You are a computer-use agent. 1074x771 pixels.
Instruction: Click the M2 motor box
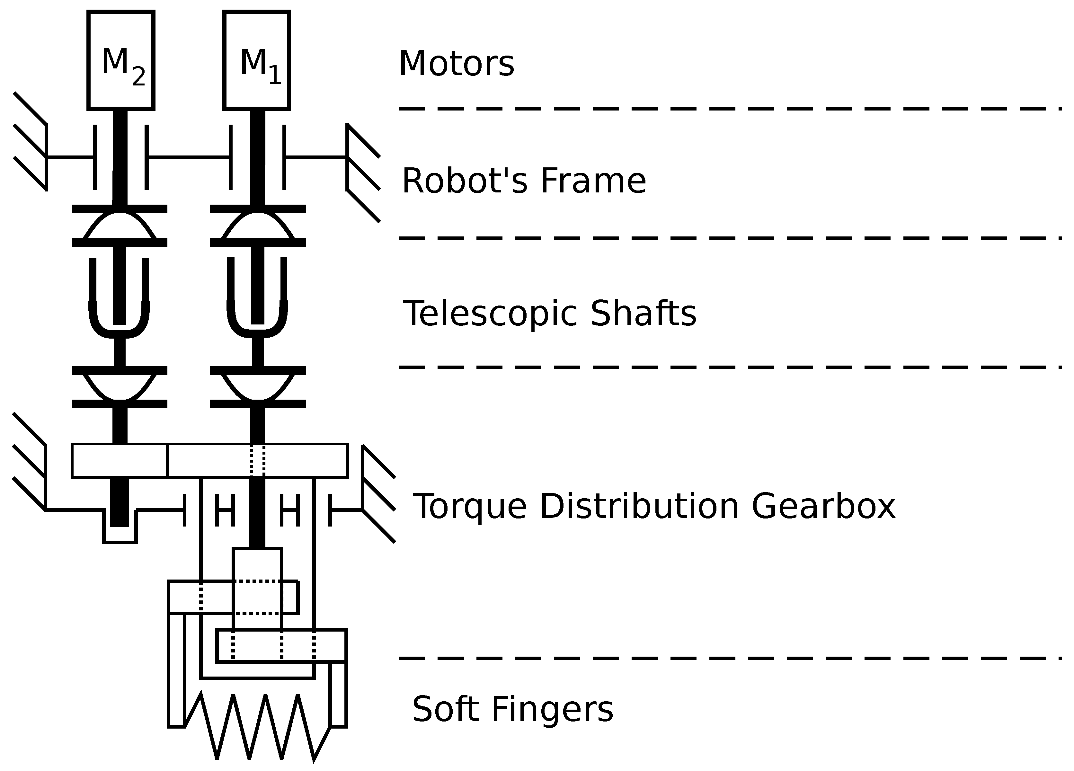pyautogui.click(x=121, y=60)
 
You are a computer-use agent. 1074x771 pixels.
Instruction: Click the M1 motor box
pyautogui.click(x=256, y=60)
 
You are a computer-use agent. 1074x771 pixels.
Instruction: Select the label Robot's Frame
pyautogui.click(x=523, y=181)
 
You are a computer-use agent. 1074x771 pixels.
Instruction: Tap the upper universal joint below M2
pyautogui.click(x=119, y=226)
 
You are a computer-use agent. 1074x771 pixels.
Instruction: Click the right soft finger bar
pyautogui.click(x=338, y=694)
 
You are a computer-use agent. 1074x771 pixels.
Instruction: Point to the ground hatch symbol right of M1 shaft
pyautogui.click(x=362, y=173)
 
